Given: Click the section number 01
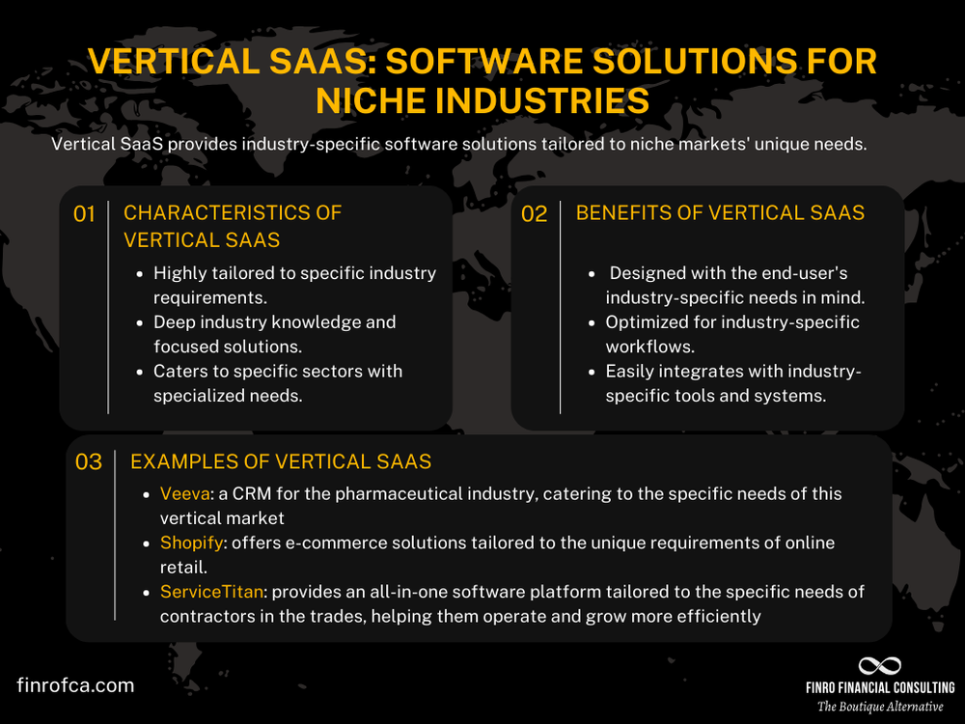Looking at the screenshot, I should [x=84, y=214].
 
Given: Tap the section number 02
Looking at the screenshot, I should [x=534, y=214].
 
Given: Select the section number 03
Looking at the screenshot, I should [x=88, y=462].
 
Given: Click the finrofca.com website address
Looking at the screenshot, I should [x=75, y=685].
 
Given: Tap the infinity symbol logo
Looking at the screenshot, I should [x=879, y=666].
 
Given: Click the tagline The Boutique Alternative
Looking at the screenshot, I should [x=879, y=707].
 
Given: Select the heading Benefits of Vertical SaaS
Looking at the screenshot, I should [x=720, y=212].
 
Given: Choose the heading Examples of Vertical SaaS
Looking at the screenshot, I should [x=280, y=461].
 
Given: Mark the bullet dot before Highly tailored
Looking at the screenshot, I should [x=141, y=273].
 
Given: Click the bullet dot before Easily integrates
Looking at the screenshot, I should [x=593, y=372].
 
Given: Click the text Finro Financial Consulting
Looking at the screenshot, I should [x=879, y=687].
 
